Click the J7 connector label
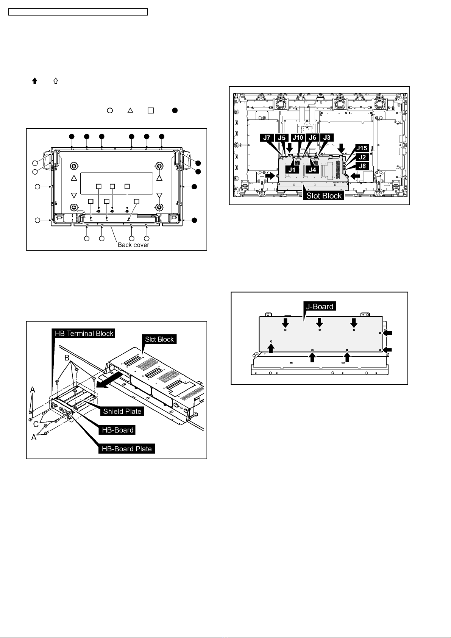point(267,137)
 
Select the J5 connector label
point(282,137)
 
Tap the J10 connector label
point(298,137)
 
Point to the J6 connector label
point(312,137)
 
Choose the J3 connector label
point(326,137)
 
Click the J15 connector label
point(362,148)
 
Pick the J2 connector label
point(362,157)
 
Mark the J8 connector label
point(362,165)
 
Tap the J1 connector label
point(292,169)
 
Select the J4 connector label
point(312,169)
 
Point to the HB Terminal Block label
point(84,334)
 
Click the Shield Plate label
point(122,411)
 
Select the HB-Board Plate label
point(127,449)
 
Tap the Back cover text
point(133,245)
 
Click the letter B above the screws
point(66,358)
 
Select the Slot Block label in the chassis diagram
point(324,195)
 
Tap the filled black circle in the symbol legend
point(175,111)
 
